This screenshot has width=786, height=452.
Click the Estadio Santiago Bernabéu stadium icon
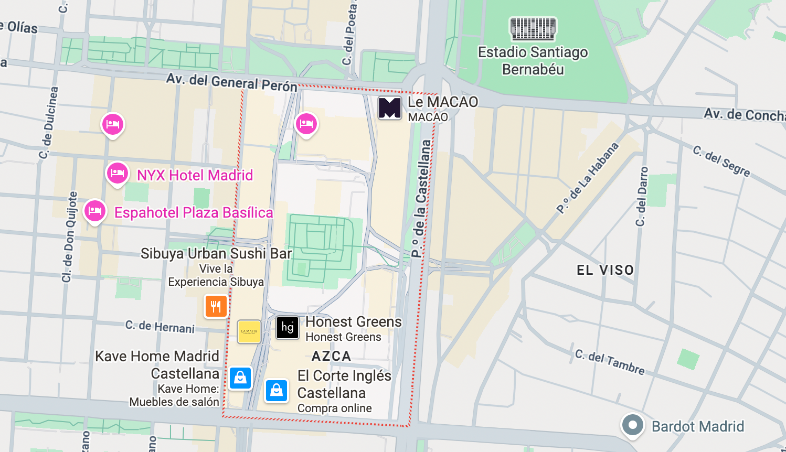coord(533,29)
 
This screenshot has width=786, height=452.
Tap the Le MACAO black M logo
coord(390,108)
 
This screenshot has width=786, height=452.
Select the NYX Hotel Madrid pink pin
coord(118,173)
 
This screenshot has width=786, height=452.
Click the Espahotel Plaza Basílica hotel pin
coord(95,211)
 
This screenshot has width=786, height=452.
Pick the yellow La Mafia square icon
coord(249,331)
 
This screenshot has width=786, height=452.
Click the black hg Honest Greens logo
coord(288,328)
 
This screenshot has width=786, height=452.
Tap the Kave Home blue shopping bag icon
coord(240,378)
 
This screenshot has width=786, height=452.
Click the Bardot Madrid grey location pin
coord(632,425)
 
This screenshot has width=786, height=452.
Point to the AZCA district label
coord(331,357)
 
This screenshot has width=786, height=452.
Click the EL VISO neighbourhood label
coord(605,270)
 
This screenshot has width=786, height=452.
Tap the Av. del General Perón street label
coord(232,82)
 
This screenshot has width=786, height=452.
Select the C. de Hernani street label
coord(160,327)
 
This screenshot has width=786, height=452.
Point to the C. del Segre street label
coord(721,161)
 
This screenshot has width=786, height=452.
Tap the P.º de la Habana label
coord(588,178)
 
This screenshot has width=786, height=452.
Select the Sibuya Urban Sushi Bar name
coord(216,254)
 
